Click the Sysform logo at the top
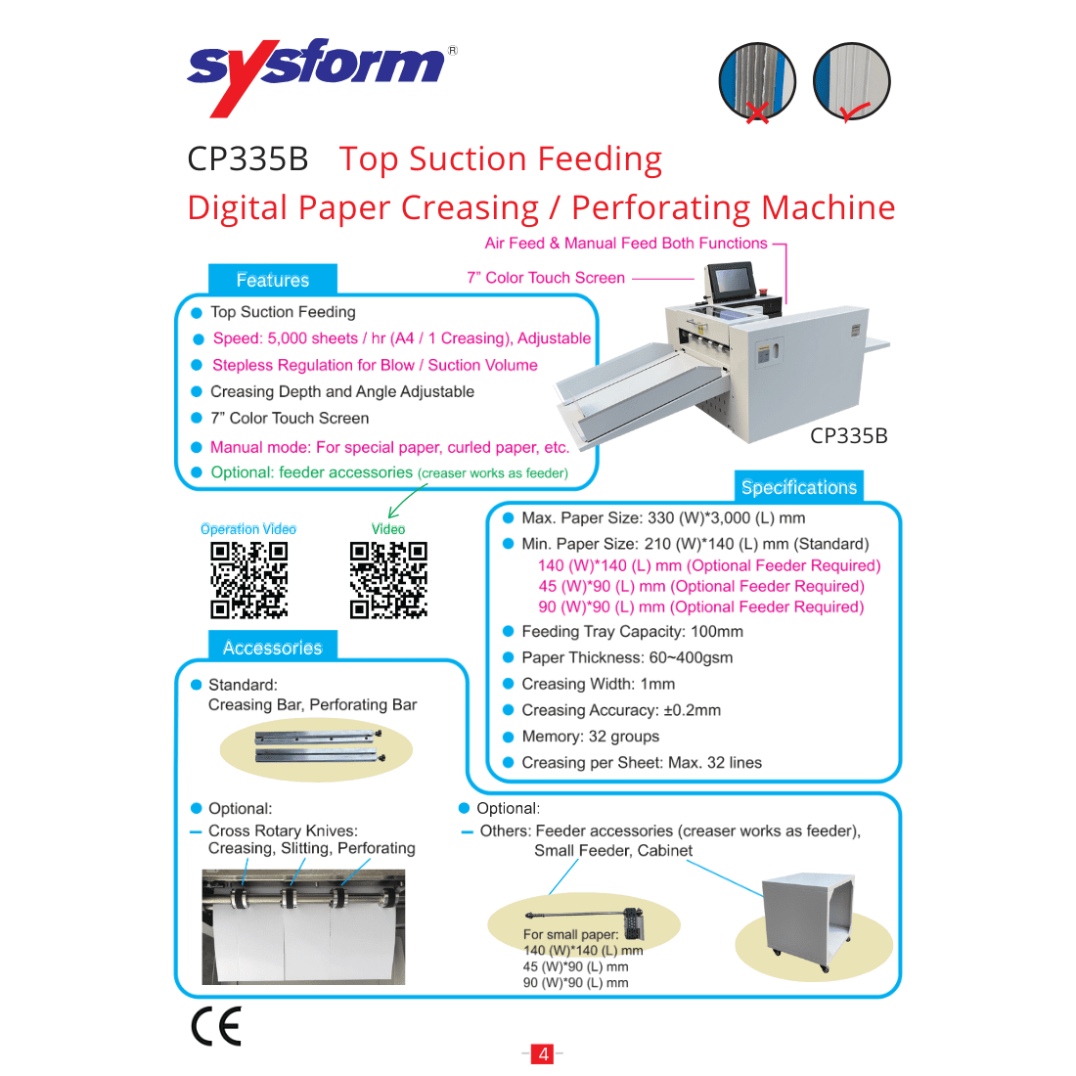point(319,72)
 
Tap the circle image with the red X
point(756,81)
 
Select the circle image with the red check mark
point(851,81)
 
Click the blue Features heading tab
point(272,280)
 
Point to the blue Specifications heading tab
point(798,487)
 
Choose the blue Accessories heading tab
point(272,648)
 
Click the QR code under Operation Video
point(248,580)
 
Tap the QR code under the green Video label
point(388,580)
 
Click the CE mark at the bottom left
point(215,1026)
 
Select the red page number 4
point(543,1054)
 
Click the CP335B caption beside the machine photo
point(848,436)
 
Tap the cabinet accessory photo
point(812,925)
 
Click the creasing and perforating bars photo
point(316,745)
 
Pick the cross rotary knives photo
point(302,926)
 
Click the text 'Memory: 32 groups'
point(590,737)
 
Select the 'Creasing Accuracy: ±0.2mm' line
point(620,710)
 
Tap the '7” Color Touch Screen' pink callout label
point(546,278)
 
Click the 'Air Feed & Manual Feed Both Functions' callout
point(626,244)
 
